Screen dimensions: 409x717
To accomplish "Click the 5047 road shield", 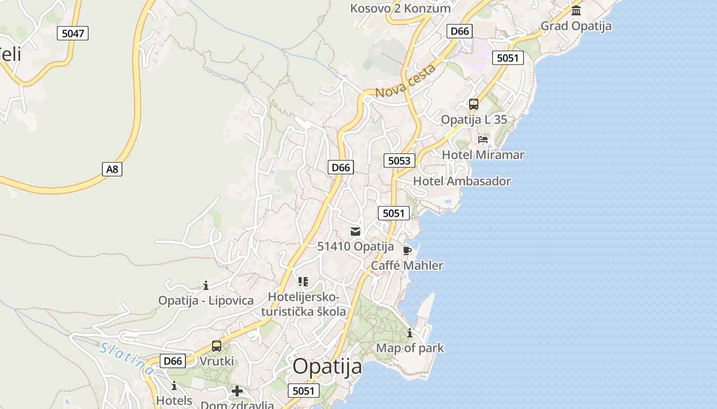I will (72, 34).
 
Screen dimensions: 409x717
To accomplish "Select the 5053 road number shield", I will (399, 161).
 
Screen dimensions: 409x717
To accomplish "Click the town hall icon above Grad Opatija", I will (576, 10).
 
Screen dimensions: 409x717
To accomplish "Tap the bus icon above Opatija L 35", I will (474, 104).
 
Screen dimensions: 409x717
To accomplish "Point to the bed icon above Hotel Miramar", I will (483, 139).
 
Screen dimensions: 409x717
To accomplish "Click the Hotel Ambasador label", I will (462, 181).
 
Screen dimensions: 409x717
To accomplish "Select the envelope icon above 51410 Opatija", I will (355, 231).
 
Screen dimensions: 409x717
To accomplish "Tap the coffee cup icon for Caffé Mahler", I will (407, 251).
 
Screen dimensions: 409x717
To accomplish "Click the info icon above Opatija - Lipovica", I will (206, 285).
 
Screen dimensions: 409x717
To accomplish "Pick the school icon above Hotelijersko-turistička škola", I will (303, 281).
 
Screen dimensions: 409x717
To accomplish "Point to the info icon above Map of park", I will (410, 333).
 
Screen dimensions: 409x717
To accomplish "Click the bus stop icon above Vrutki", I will (217, 346).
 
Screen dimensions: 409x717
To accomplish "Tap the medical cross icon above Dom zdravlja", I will (237, 392).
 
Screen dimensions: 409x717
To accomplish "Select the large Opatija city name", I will (327, 367).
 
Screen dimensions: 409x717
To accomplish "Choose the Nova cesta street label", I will (405, 82).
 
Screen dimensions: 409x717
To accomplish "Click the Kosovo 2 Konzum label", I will (400, 8).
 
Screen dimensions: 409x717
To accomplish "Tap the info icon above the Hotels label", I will (174, 385).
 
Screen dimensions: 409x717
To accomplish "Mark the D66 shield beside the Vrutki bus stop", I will (173, 361).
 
